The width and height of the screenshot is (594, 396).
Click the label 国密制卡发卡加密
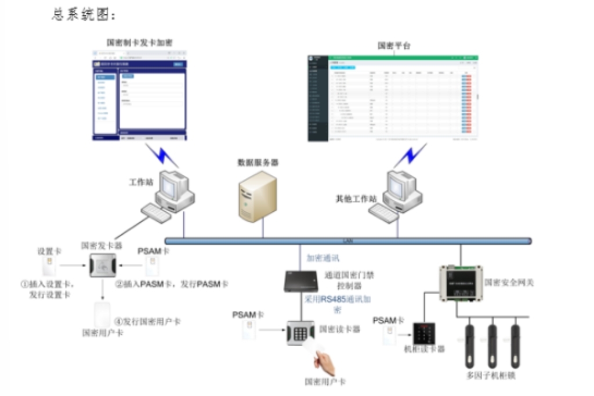coord(139,42)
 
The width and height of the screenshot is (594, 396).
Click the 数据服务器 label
coord(258,163)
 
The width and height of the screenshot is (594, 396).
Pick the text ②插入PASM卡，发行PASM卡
coord(171,284)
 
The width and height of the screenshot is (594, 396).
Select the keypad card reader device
coord(300,333)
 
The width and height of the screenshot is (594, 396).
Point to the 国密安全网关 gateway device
coord(460,283)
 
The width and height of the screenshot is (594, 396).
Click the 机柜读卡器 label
coord(424,349)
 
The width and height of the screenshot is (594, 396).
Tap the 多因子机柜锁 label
coord(491,375)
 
